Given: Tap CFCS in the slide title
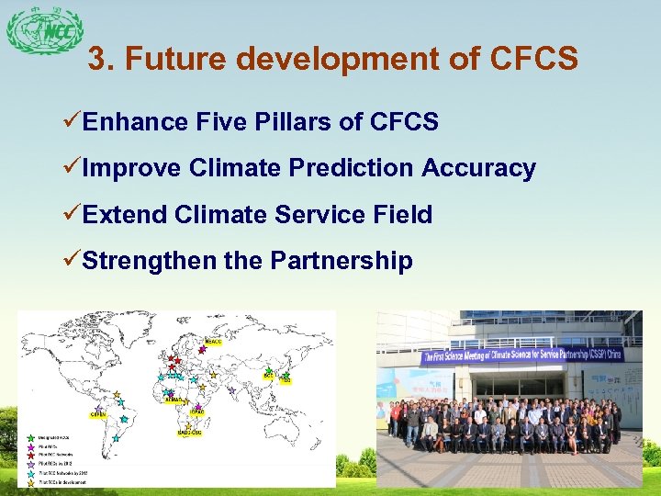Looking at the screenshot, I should tap(535, 60).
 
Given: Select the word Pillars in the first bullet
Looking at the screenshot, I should tap(315, 121).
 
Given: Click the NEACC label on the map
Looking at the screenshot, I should tap(213, 341).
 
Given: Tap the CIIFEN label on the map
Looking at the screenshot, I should tap(98, 415).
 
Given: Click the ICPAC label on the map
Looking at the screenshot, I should tap(196, 412).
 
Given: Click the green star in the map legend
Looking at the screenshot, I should tap(32, 438).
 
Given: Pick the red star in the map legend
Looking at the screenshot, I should tap(32, 455).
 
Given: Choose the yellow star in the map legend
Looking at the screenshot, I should tap(32, 481).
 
